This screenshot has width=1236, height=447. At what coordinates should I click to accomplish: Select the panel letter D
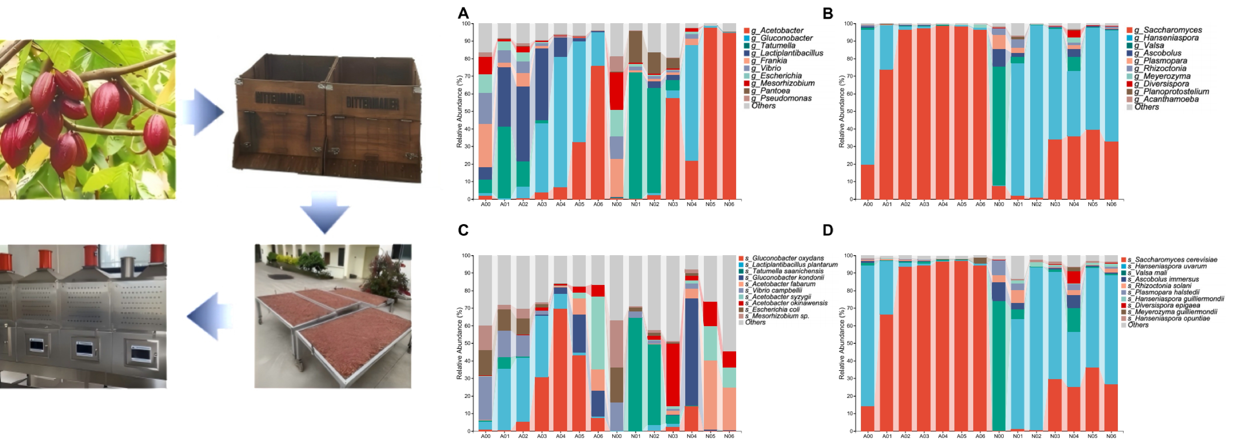828,231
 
